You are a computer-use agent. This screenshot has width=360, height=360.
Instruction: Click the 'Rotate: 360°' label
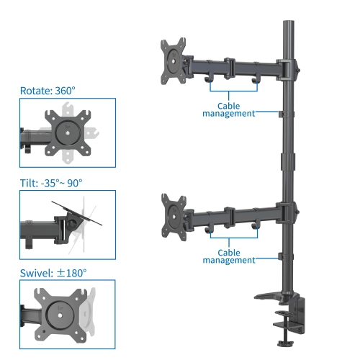tap(47, 91)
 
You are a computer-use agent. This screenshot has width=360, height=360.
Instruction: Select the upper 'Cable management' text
tap(229, 109)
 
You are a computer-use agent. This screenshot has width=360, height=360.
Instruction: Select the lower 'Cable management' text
tap(229, 257)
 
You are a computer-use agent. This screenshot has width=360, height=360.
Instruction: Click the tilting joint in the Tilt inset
tap(72, 223)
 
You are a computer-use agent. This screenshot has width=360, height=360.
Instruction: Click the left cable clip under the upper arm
tap(209, 78)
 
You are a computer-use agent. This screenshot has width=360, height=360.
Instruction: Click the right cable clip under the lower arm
tap(254, 229)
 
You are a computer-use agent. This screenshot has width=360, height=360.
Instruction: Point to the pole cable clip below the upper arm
tap(281, 112)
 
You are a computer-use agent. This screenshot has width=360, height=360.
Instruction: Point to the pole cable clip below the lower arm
tap(281, 256)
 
